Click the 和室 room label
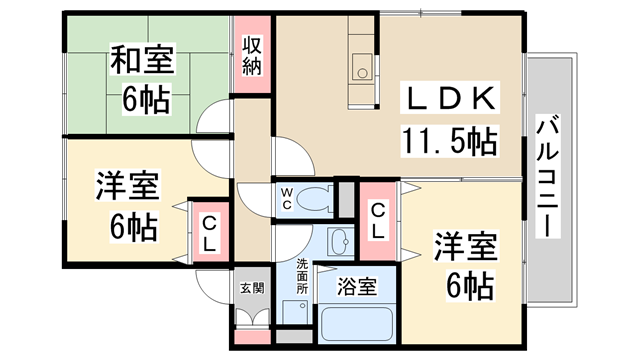(x=142, y=60)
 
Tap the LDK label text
(x=450, y=98)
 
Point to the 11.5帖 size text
(x=450, y=141)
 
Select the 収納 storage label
(x=252, y=56)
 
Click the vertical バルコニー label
(x=547, y=176)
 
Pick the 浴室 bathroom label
(x=356, y=287)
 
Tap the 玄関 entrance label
(x=252, y=288)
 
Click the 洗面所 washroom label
(x=302, y=276)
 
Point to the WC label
(x=287, y=198)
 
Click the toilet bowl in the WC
(x=314, y=199)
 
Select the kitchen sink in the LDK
(x=362, y=67)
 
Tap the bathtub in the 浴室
(x=357, y=324)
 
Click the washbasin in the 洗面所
(x=340, y=241)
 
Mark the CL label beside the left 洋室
(x=210, y=233)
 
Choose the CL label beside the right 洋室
(x=378, y=221)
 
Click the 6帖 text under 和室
(x=146, y=100)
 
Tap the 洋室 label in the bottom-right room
(x=465, y=246)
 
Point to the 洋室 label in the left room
(x=128, y=186)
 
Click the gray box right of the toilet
(x=347, y=198)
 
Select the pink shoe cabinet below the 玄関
(x=253, y=337)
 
